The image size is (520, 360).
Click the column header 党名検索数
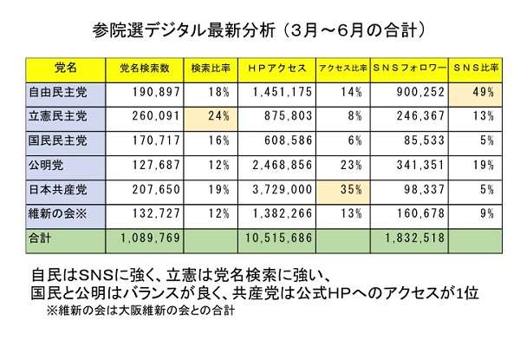[145, 68]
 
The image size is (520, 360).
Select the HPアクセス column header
[277, 68]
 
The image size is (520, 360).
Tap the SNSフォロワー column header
[409, 68]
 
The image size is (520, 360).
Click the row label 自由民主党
[58, 92]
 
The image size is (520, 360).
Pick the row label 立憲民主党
[58, 116]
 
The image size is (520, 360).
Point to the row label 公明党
[46, 165]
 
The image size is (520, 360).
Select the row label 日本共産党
[58, 189]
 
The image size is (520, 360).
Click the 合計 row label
[40, 238]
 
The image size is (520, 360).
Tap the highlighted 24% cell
[211, 120]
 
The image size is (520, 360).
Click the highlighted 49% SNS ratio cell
[475, 95]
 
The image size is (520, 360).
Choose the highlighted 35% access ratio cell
[343, 193]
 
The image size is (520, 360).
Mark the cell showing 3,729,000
[283, 189]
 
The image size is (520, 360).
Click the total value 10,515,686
[278, 238]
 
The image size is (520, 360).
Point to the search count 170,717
[156, 141]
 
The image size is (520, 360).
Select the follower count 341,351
[420, 165]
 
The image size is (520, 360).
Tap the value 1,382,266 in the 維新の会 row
[283, 213]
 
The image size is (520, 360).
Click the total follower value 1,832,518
[414, 238]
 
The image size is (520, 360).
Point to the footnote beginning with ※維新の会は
[141, 311]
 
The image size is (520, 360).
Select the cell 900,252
[420, 92]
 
